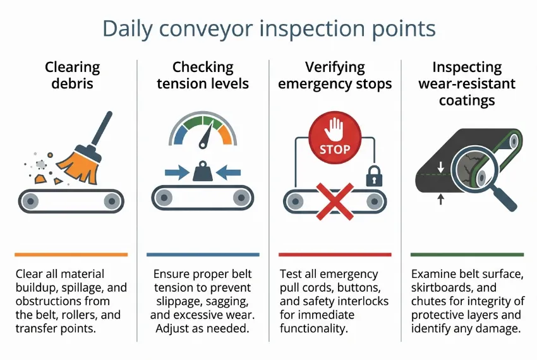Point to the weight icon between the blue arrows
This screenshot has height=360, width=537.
click(x=203, y=172)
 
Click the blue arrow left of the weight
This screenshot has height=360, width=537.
click(x=175, y=171)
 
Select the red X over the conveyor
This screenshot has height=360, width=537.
click(x=335, y=201)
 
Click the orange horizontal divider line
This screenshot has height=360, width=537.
click(x=71, y=255)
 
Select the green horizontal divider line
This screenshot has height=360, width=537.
click(x=466, y=255)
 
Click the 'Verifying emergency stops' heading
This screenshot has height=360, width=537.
click(x=335, y=75)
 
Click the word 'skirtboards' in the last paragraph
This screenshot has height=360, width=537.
click(x=439, y=288)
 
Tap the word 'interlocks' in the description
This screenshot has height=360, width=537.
click(x=356, y=301)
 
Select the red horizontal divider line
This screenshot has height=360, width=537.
click(x=334, y=255)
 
